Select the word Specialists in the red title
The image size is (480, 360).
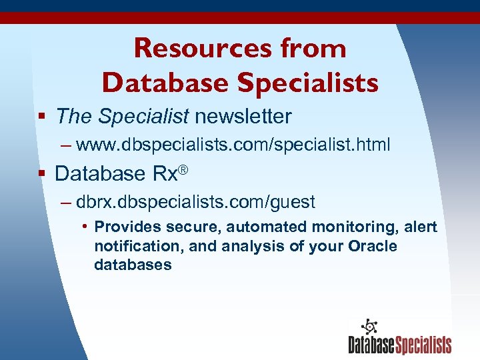tap(307, 83)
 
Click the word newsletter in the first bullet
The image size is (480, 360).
tap(243, 117)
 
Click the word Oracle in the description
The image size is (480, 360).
tap(373, 246)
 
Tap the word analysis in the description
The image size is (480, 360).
tap(249, 246)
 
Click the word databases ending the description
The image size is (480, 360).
tap(133, 265)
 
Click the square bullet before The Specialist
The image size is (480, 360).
tap(41, 117)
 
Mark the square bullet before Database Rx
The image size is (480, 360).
tap(41, 174)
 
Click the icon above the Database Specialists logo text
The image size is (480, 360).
tap(369, 327)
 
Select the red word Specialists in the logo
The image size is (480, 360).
tap(425, 345)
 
